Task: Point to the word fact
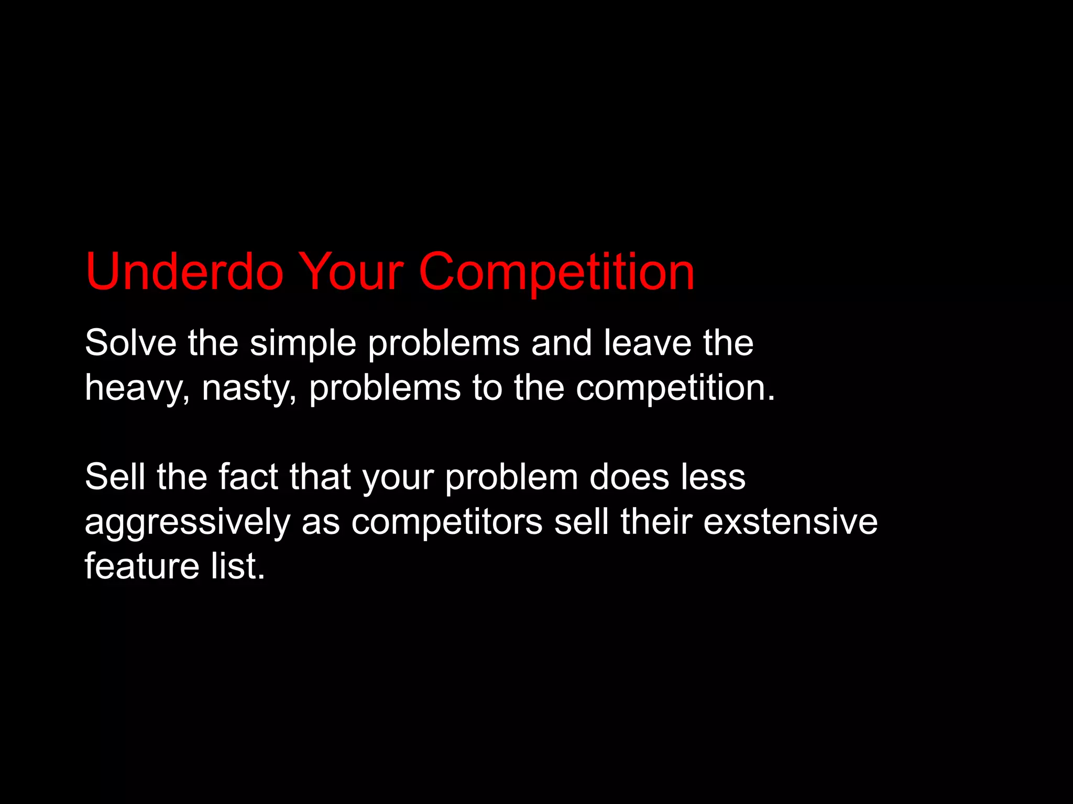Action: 248,477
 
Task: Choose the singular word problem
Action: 511,478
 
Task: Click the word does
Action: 629,477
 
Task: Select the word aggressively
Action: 187,523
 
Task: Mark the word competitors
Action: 446,522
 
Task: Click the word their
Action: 656,522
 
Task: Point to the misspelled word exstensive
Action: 790,522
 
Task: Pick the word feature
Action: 142,566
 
